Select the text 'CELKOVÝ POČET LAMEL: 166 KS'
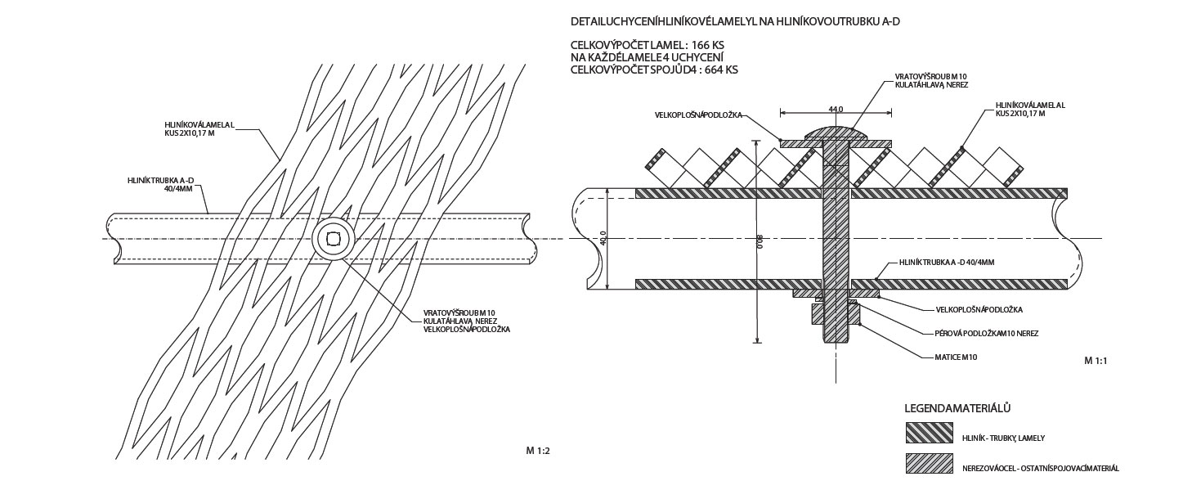(x=647, y=44)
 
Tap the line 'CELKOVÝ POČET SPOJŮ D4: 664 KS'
(x=654, y=70)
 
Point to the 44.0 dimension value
(x=835, y=109)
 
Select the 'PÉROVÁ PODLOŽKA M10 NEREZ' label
(x=986, y=334)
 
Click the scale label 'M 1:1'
(x=1095, y=361)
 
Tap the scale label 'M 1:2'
(x=538, y=451)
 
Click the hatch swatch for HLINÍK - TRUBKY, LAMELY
(x=930, y=433)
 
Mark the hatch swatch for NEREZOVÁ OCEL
(x=930, y=463)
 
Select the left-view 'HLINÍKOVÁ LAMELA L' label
(x=199, y=128)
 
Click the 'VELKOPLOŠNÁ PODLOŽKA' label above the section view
(x=697, y=115)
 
